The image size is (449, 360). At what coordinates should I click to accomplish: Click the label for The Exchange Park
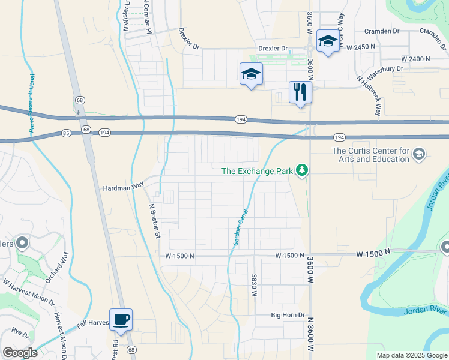coord(256,171)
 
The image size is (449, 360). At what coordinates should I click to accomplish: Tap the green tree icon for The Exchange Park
coord(301,172)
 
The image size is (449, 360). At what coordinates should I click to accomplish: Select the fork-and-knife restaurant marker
coord(300,92)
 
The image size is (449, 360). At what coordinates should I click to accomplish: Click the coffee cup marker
coord(121,319)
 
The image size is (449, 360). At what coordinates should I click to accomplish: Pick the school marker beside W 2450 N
coord(328,41)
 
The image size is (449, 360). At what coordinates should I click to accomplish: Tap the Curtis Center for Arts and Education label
coord(371,155)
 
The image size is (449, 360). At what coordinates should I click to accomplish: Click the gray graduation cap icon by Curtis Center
coord(419,155)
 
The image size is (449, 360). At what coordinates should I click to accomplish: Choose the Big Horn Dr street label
coord(288,315)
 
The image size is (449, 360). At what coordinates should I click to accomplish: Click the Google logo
coord(20,353)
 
